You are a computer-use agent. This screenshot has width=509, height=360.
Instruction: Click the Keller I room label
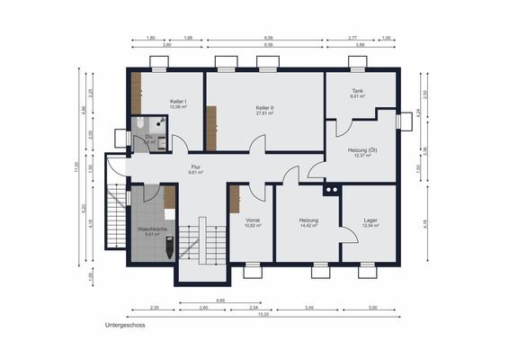coord(178,102)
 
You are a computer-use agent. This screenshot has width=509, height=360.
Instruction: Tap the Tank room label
coord(357,91)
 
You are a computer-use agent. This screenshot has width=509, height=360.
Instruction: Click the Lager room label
coord(371,220)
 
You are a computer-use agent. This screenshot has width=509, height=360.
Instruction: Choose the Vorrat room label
coord(253,220)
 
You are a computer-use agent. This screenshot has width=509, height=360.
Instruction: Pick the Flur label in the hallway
coord(195,166)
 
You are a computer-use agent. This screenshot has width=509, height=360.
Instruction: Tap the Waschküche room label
coord(152,229)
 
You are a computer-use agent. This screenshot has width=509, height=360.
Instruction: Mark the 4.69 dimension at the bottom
coord(219,299)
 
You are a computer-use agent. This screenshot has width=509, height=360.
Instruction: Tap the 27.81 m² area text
coord(264,113)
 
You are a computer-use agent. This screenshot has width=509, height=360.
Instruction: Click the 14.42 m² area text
coord(310,225)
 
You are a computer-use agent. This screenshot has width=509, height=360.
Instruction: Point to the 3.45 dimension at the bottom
coord(308,308)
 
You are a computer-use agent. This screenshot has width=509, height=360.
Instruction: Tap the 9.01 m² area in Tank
coord(357,96)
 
